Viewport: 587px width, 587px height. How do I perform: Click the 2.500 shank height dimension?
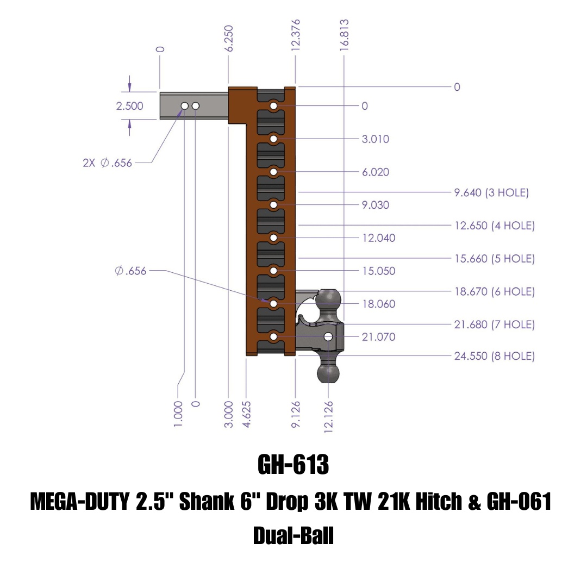(x=129, y=106)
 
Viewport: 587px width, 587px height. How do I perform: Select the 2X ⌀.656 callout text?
(x=107, y=163)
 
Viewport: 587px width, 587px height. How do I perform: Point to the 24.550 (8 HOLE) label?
(x=494, y=357)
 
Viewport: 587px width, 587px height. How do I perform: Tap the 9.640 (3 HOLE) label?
(x=491, y=192)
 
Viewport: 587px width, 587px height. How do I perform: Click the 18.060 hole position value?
(x=379, y=304)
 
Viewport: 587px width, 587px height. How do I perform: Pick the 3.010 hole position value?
(x=376, y=139)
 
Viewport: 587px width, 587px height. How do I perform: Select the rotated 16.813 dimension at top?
(x=344, y=35)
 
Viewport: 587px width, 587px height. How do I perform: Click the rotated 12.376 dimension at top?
(x=296, y=35)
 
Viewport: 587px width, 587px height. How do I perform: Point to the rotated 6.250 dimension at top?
(x=229, y=38)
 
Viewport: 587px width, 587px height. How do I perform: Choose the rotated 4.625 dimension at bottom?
(x=247, y=415)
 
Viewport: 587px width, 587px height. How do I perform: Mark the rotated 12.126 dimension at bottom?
(x=328, y=417)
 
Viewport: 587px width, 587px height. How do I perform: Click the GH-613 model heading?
(x=293, y=465)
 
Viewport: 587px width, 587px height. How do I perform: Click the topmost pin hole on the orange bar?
(x=273, y=105)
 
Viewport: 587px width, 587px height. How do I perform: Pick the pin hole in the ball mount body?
(x=328, y=337)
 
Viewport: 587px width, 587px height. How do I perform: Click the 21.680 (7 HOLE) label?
(x=494, y=324)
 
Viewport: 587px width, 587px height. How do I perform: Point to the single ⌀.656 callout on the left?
(x=130, y=271)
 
